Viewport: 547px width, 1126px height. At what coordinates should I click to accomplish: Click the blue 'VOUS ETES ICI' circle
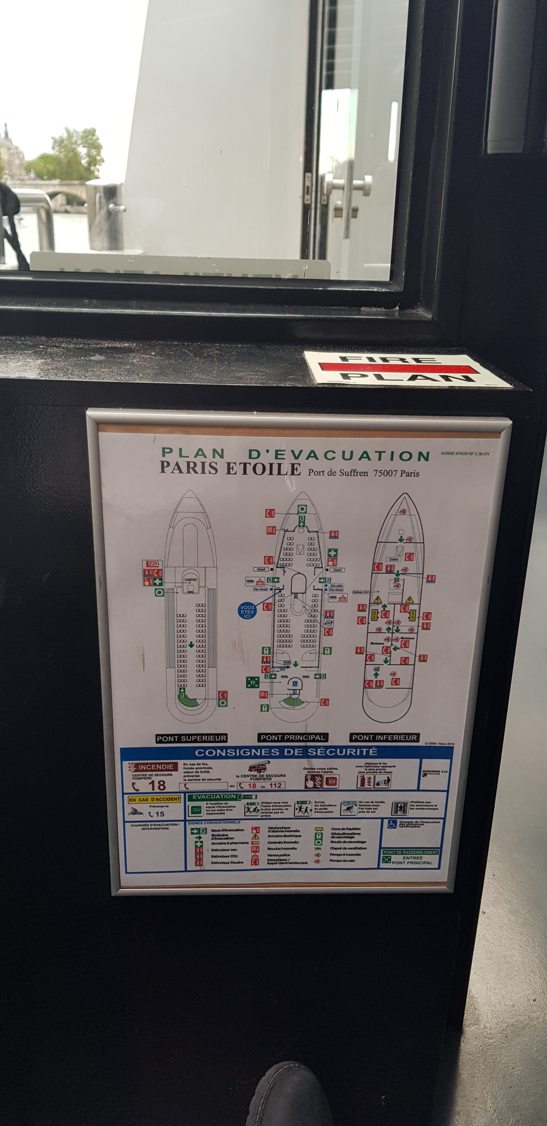coord(247,611)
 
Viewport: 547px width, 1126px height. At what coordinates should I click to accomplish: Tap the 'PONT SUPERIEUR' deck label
coord(191,738)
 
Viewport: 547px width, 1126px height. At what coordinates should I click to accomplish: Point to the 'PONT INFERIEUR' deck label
coord(385,738)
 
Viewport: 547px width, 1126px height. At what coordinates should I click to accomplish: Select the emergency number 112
coord(275,786)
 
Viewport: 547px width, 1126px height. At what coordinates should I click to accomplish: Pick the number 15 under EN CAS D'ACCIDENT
coord(159,814)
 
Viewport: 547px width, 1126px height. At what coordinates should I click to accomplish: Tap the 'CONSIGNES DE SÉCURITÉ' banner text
coord(286,752)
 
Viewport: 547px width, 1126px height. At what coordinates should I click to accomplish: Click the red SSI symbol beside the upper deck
coord(153,564)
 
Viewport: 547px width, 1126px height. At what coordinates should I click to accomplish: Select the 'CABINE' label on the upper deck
coord(191,579)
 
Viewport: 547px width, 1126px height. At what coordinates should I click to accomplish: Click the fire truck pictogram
coord(260,767)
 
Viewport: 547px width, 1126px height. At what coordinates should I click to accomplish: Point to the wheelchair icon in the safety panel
coord(392,824)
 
